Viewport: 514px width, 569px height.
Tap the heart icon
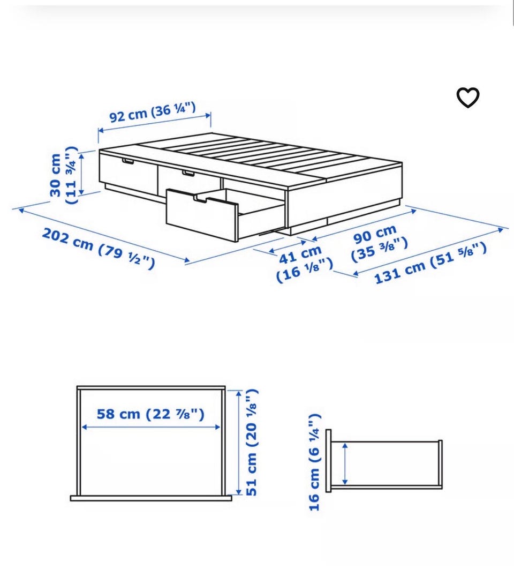[467, 98]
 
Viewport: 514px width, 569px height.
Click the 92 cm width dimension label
[153, 112]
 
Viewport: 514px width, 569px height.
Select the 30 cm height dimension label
[64, 175]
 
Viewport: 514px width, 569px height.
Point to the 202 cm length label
[99, 249]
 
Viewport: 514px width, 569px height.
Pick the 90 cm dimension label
[379, 243]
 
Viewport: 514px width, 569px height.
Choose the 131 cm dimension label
[430, 263]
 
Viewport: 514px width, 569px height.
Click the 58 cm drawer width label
[150, 414]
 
